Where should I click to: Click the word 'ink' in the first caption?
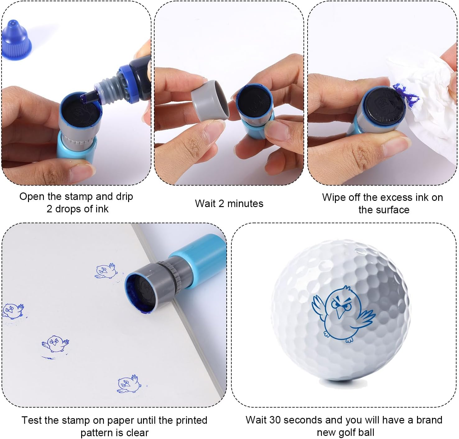102,209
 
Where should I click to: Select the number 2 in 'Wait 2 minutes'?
221,204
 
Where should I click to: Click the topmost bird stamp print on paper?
106,271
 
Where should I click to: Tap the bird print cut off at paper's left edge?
12,311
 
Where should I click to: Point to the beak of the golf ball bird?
341,312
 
